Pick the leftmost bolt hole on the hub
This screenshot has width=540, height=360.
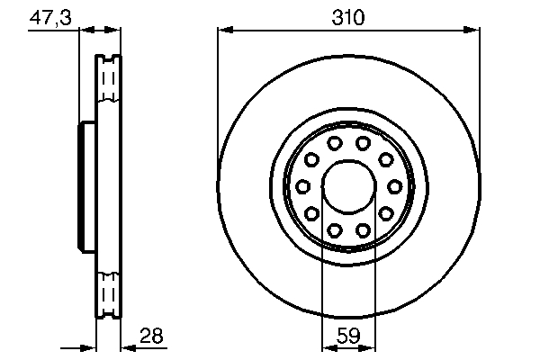click(x=302, y=186)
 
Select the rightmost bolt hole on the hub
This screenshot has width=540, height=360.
click(x=394, y=186)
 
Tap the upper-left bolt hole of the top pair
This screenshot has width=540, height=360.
click(x=334, y=143)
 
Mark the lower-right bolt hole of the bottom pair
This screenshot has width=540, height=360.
click(x=363, y=230)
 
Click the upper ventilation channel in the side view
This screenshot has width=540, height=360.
click(x=108, y=85)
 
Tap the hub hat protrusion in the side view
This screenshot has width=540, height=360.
click(x=87, y=187)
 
